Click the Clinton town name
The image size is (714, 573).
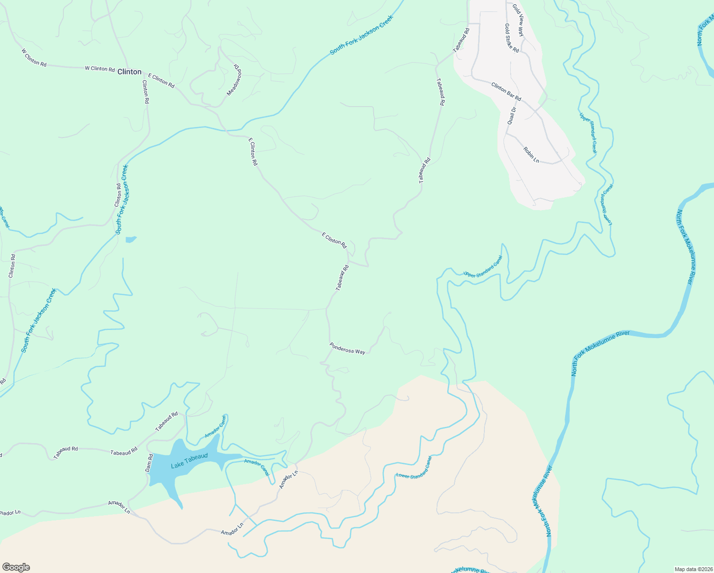coord(129,72)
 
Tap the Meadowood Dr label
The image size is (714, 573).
coord(234,79)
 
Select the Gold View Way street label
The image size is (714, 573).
coord(518,20)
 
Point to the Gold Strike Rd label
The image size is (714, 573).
coord(512,38)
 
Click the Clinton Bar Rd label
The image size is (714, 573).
coord(506,91)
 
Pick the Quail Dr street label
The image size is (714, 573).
coord(511,116)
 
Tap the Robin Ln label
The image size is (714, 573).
coord(531,155)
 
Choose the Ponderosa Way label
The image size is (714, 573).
coord(347,349)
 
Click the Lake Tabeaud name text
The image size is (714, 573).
coord(189,460)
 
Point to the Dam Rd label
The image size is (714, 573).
coord(148,463)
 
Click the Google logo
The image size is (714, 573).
coord(16,567)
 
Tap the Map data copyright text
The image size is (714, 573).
coord(693,569)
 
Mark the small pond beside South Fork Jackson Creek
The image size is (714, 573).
coord(130,239)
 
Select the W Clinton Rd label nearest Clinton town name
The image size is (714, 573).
coord(100,69)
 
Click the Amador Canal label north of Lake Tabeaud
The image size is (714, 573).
coord(216,426)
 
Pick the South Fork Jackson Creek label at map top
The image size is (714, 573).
coord(361,35)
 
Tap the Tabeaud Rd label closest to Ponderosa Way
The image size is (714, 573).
coord(342,278)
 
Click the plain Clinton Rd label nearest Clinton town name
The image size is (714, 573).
coord(146,92)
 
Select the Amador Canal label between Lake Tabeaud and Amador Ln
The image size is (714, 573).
coord(257,467)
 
